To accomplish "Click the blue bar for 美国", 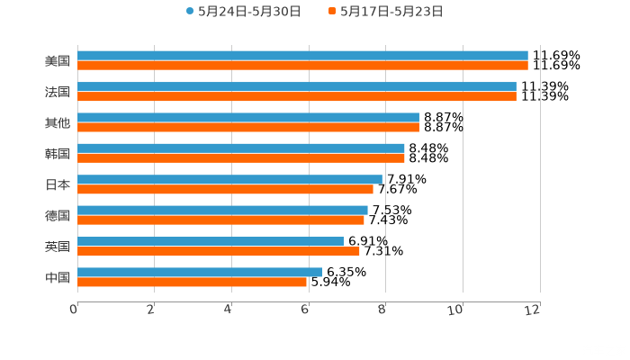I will coord(302,56).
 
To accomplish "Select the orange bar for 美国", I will coord(302,66).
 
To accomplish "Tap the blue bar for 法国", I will coord(297,86).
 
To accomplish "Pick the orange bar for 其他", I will coord(248,127).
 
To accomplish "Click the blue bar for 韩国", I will coord(241,148).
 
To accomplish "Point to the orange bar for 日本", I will coord(225,189).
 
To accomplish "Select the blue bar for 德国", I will coord(222,210).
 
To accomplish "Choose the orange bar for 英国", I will coord(219,251).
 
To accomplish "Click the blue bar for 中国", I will coord(200,272).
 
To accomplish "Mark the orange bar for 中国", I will coord(192,282).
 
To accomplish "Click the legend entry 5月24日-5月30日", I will coord(243,12).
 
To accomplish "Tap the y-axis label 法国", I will coord(58,92).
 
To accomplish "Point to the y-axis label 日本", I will coord(58,184).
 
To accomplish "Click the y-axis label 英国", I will coord(58,247).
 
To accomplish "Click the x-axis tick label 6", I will coord(305,310).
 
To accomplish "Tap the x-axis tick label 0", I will coord(74,310).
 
